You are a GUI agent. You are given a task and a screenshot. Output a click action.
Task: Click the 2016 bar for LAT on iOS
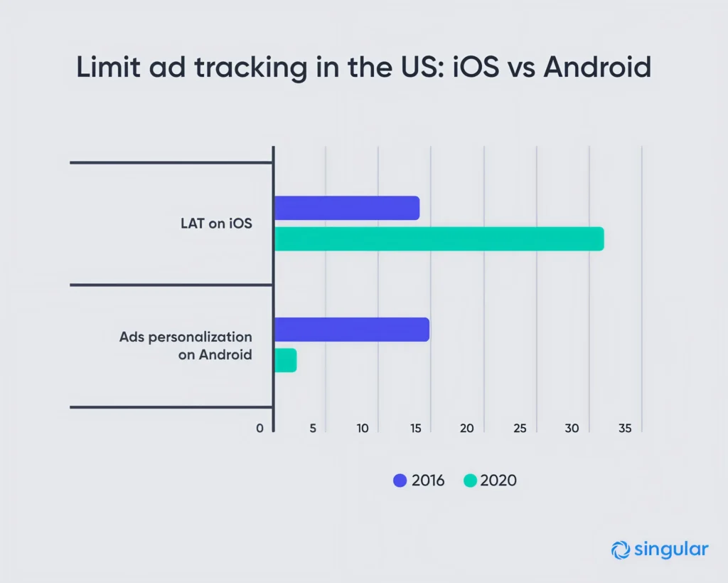346,208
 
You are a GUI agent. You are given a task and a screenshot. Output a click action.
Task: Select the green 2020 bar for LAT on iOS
439,239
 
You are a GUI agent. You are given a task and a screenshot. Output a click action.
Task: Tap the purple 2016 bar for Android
351,330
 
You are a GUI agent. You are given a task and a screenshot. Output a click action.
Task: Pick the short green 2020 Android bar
285,360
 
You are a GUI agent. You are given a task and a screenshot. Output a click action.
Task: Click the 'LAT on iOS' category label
216,224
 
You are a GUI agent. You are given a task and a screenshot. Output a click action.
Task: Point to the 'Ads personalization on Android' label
186,345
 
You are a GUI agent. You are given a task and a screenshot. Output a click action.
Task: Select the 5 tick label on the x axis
313,429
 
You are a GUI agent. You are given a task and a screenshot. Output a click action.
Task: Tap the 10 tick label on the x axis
363,429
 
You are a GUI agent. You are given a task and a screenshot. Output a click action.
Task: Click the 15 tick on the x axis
415,429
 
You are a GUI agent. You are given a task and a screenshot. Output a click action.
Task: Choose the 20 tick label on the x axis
467,429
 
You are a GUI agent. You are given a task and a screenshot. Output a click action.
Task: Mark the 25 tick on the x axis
520,429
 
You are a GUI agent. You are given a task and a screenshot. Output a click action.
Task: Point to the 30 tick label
572,429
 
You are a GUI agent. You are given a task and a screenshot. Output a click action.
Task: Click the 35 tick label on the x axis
625,429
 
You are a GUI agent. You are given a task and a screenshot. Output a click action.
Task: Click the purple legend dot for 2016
400,480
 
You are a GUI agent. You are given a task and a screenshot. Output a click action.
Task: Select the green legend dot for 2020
469,480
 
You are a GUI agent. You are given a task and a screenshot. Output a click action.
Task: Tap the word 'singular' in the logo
669,549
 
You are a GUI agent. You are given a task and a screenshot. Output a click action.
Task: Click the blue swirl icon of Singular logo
619,550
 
